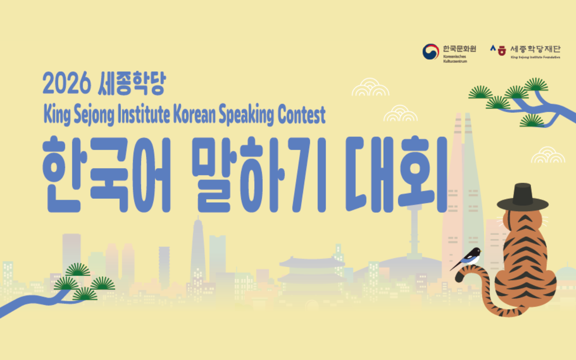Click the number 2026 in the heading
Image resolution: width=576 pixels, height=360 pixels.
pyautogui.click(x=66, y=84)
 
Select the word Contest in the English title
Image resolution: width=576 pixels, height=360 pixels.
pyautogui.click(x=301, y=115)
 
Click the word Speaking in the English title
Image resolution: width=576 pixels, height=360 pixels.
pyautogui.click(x=246, y=115)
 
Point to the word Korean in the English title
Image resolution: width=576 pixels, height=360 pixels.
pyautogui.click(x=194, y=115)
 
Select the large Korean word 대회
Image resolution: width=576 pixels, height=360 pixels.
pyautogui.click(x=396, y=175)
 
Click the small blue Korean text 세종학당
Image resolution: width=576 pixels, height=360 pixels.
pyautogui.click(x=132, y=84)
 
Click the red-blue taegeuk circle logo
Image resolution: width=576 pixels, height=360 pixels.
pyautogui.click(x=430, y=52)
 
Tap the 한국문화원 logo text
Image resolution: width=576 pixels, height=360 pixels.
pyautogui.click(x=459, y=49)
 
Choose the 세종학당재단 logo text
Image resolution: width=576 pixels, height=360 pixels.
pyautogui.click(x=535, y=49)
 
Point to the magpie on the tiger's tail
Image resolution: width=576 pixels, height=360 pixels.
pyautogui.click(x=470, y=258)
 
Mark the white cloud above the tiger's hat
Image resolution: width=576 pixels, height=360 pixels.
pyautogui.click(x=548, y=155)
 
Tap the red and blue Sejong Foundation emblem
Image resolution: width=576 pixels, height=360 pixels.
pyautogui.click(x=498, y=50)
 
